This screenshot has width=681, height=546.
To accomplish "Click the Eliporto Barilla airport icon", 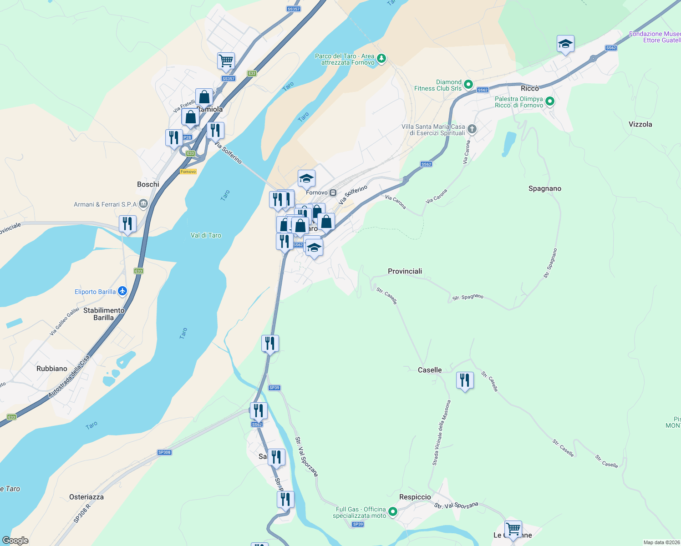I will coord(122,291).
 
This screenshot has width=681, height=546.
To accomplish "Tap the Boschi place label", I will coord(148,184).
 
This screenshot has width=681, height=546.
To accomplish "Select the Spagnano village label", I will coord(544,188).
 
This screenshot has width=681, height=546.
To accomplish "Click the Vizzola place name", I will coord(640,124).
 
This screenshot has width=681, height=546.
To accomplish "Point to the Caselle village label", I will coord(430,370).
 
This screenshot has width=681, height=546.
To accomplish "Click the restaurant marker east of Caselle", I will coord(465,380).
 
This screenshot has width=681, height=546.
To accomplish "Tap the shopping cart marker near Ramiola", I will coord(226,61).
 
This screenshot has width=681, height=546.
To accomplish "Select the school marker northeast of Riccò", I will coord(565,44).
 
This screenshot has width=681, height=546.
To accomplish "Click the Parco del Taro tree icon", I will coord(381,58).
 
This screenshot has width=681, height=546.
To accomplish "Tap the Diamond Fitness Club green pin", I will coord(468,85).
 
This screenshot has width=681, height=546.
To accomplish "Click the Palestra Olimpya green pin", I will coord(550,101).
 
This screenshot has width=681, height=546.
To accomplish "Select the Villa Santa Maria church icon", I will coord(472,129).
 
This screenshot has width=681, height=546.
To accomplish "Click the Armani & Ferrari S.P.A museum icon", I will coord(143,204).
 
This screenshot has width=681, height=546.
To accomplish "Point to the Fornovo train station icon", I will coord(333,193).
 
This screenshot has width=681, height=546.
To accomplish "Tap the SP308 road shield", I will coord(164,452).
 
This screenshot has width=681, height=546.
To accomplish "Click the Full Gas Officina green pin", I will coord(392,512).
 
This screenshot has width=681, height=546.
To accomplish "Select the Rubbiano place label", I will coord(52,369).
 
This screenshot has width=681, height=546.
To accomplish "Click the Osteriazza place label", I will coord(86,497).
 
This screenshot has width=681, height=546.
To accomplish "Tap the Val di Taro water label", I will coord(206,235).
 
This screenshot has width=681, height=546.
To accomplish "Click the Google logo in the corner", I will coord(15,541).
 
